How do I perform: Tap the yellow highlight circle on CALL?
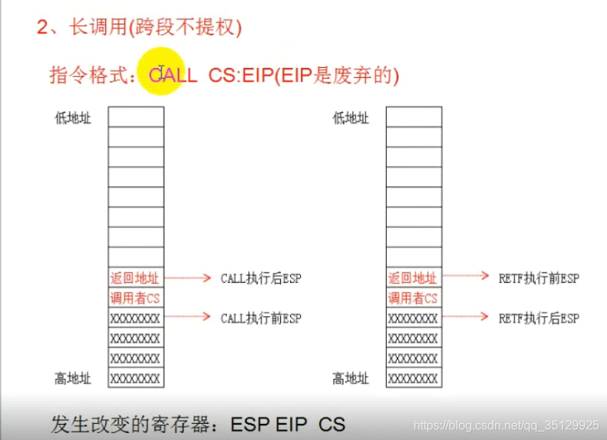(x=161, y=74)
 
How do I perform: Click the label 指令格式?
(x=91, y=75)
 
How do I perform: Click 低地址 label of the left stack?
(x=73, y=118)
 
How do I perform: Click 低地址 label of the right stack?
(x=351, y=118)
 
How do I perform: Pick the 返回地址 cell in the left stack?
(x=136, y=278)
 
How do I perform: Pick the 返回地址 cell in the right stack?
(x=414, y=278)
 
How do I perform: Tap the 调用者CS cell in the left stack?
(x=136, y=298)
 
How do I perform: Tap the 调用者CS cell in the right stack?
(x=414, y=298)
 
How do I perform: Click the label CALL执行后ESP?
(x=260, y=279)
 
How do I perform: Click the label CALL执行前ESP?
(x=260, y=318)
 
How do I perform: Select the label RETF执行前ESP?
(x=538, y=279)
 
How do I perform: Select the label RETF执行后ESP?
(x=538, y=318)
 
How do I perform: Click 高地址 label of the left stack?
(x=73, y=378)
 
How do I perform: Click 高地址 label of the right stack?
(x=351, y=378)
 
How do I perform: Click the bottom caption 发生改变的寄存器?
(x=134, y=424)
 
